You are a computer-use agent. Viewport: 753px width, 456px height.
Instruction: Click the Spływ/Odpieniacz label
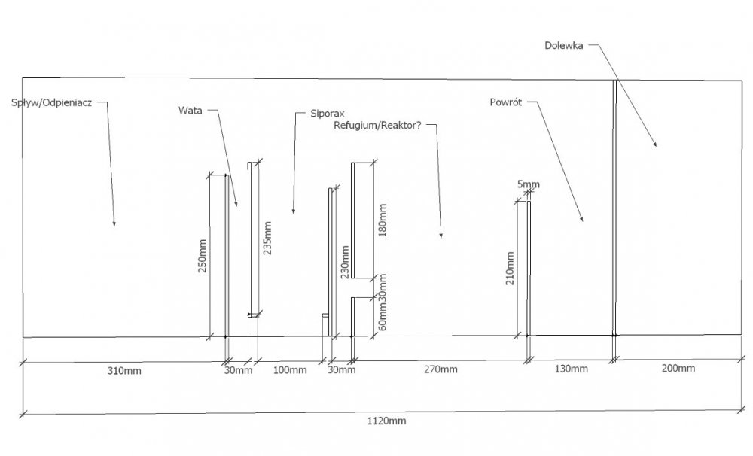click(x=52, y=103)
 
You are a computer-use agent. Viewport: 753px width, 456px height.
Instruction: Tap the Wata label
click(x=191, y=111)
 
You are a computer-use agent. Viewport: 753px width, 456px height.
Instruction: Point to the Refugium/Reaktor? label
click(x=377, y=125)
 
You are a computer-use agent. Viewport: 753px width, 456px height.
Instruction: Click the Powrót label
click(x=506, y=102)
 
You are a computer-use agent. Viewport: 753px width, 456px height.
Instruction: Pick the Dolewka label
click(x=564, y=46)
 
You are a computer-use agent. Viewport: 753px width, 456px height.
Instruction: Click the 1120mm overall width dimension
click(x=386, y=421)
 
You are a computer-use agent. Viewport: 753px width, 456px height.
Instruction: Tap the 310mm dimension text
click(x=124, y=370)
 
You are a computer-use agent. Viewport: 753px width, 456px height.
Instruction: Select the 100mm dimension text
click(x=290, y=370)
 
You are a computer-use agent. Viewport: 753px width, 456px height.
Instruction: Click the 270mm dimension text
click(x=441, y=369)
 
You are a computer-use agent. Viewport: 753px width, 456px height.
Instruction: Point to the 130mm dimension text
click(x=571, y=369)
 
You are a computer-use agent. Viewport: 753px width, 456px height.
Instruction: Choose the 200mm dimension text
click(x=678, y=368)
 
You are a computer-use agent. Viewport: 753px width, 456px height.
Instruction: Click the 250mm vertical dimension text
click(x=202, y=256)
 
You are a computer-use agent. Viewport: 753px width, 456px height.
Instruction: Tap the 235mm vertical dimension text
click(x=267, y=238)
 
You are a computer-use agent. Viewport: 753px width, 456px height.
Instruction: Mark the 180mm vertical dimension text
click(x=383, y=220)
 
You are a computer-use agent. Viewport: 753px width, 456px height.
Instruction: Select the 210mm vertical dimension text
click(x=510, y=269)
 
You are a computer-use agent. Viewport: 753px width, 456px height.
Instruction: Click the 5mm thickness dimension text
click(x=529, y=184)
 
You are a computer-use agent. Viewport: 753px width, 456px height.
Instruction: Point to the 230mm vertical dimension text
click(x=344, y=262)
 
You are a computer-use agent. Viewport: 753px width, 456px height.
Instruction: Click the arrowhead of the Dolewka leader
click(x=656, y=144)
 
